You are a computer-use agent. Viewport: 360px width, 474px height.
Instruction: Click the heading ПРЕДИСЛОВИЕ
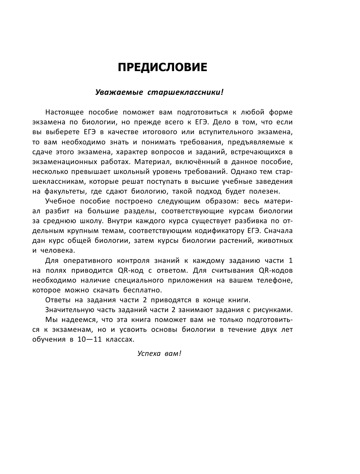tap(162, 67)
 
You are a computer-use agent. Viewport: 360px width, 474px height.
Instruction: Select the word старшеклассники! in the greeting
tap(185, 93)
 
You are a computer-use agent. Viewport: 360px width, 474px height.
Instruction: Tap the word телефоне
tap(275, 280)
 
